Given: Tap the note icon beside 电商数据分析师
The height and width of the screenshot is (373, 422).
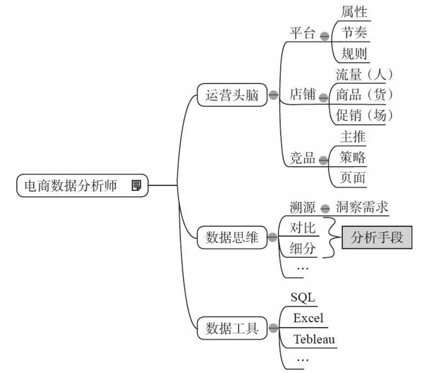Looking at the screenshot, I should point(136,185).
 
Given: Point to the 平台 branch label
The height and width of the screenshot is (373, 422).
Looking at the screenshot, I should point(303,34).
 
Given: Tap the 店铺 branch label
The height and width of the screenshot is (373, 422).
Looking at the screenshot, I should point(303,95).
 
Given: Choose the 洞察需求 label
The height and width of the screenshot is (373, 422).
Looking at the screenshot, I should point(362,208).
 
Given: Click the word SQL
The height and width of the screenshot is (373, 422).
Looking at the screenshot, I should point(303,297).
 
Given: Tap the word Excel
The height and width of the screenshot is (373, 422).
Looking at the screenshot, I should point(308,318).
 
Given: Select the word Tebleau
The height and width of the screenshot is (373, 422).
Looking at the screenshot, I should point(315,339).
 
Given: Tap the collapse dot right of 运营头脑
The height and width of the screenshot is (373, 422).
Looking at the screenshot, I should point(273,95).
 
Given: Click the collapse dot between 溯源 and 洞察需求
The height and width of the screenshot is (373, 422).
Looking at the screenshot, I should point(325,209).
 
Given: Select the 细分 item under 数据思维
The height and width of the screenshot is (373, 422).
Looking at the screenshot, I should point(303,248).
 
